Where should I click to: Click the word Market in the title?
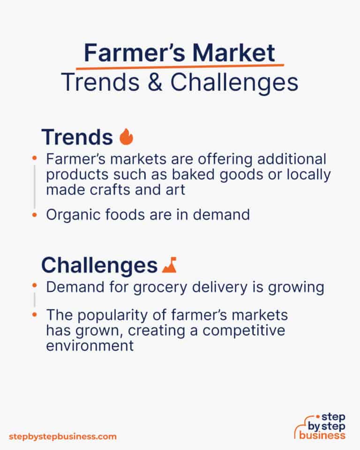235,53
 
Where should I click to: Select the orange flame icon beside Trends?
126,137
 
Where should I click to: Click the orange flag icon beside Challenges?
168,266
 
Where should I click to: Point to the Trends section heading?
77,137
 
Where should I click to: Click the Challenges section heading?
99,266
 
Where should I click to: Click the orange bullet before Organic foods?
34,215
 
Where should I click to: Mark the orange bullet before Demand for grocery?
34,285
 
